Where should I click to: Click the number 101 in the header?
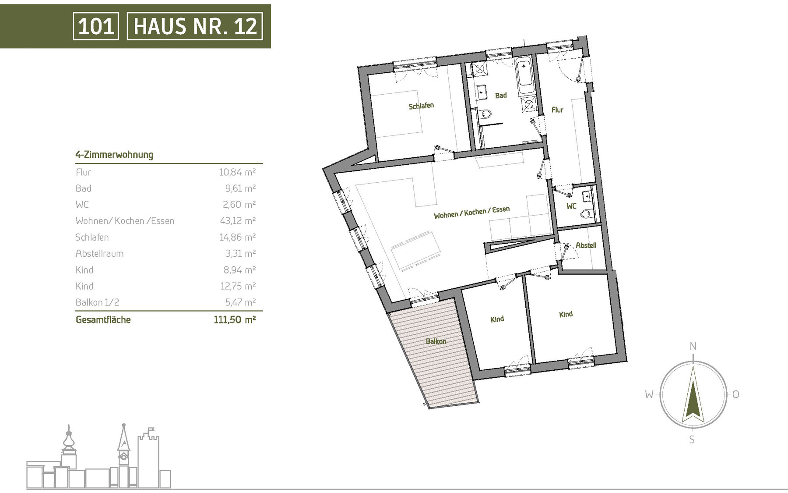coord(96,26)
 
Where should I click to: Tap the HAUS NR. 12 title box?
coord(195,26)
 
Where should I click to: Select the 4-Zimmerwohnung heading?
coord(114,155)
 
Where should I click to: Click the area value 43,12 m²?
coord(237,220)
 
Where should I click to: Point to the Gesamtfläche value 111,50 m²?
coord(235,319)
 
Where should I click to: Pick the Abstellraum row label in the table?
coord(99,254)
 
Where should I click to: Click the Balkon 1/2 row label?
coord(97,302)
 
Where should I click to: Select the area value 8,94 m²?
coord(239,270)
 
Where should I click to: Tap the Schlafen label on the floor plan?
coord(421,106)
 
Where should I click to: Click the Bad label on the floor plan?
coord(501,95)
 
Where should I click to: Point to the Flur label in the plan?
coord(557,110)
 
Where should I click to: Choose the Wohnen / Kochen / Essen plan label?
coord(471,212)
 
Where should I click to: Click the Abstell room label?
coord(586,245)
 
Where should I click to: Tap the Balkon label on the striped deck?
coord(436,341)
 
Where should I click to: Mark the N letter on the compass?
coord(693,347)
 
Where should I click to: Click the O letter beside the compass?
coord(735,394)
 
